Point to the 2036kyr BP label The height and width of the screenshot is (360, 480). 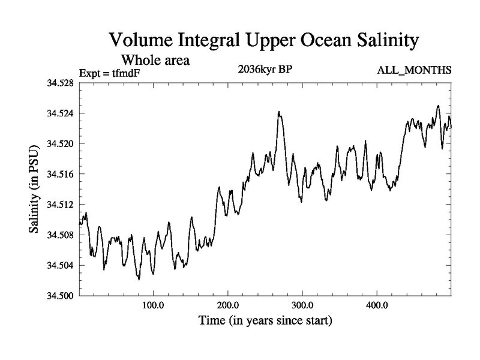pos(265,68)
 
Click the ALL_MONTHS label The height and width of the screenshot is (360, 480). pos(414,71)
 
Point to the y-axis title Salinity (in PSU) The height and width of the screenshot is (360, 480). pos(35,189)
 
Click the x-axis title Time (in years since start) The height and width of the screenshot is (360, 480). pos(265,321)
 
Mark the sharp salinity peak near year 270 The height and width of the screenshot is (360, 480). pos(279,112)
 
